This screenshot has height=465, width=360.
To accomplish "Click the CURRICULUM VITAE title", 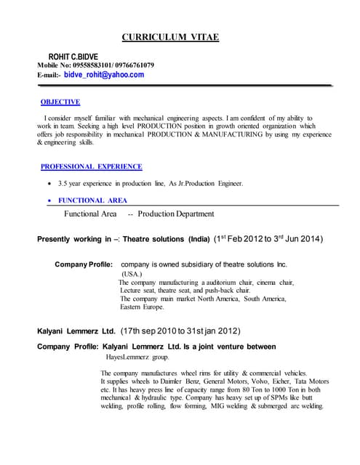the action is coord(169,37).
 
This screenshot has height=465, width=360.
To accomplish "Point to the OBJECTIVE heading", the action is coord(60,102).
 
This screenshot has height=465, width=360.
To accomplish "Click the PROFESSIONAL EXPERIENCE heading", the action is coord(91,166).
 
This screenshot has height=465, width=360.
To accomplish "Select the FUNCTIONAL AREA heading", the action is coord(92,200).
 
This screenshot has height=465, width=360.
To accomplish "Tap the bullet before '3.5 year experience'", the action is coord(49,183).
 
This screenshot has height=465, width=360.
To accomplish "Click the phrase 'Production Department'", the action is coord(175,214).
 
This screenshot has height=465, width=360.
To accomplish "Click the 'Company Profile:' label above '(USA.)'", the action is coord(84,264).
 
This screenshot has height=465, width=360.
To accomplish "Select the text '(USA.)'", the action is coord(132,274).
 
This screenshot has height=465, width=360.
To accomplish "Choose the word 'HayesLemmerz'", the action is coord(124,357).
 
